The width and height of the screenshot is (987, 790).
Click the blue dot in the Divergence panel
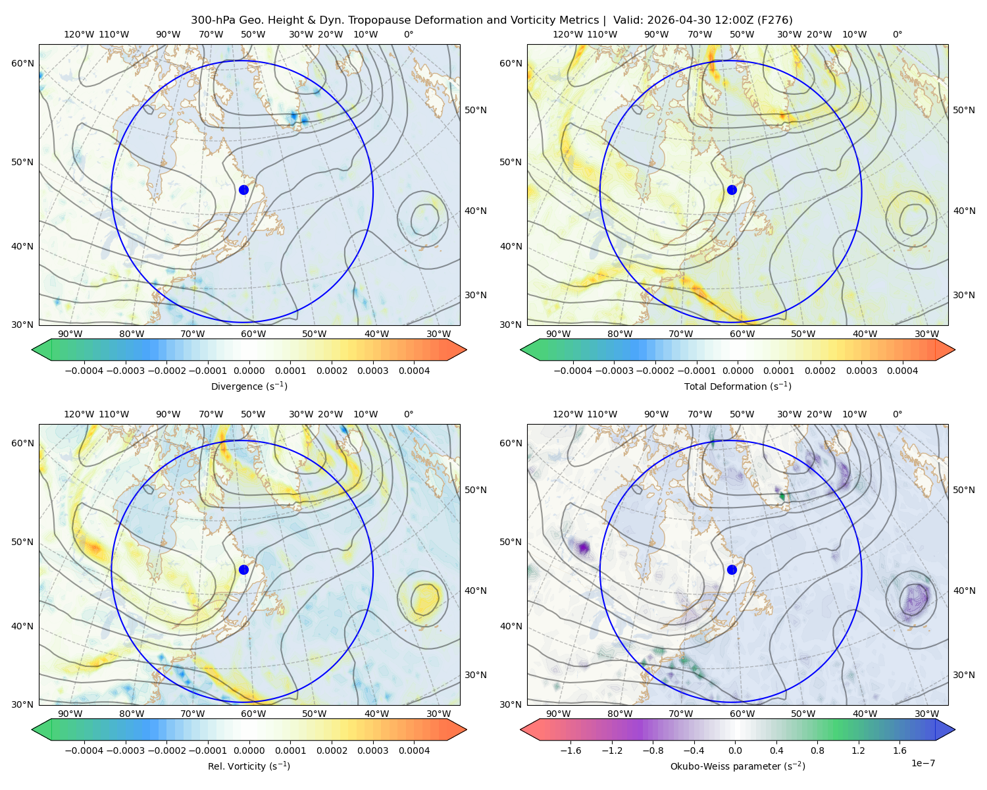tap(243, 190)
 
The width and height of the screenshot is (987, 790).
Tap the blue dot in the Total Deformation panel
tap(732, 190)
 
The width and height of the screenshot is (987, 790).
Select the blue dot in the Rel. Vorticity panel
tap(243, 569)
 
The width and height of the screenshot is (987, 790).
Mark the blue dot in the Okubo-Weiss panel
tap(732, 569)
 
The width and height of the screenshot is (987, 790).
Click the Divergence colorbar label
tap(249, 386)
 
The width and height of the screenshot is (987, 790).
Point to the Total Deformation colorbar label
tap(738, 386)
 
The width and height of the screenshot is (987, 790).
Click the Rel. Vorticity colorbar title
tap(249, 766)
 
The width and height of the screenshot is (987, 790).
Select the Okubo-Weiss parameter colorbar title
tap(738, 766)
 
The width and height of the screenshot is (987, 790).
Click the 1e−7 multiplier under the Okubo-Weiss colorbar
tap(923, 763)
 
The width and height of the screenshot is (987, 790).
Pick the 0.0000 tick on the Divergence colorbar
tap(249, 371)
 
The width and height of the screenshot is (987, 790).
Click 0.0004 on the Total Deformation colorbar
tap(902, 371)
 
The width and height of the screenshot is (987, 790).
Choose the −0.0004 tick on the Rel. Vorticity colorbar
tap(84, 750)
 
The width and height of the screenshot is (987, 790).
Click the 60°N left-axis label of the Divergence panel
tap(22, 63)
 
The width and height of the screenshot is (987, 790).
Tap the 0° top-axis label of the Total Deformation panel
tap(897, 34)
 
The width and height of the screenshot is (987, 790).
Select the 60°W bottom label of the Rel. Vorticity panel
tap(253, 714)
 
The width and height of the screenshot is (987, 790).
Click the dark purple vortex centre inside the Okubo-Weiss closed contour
tap(915, 598)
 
